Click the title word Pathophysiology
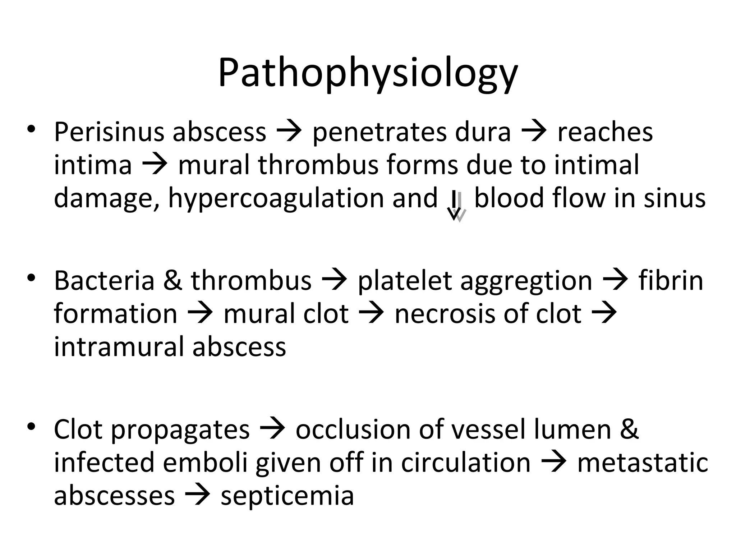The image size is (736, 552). pos(368,74)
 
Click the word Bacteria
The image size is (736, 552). pos(104,281)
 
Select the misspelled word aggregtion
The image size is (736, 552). pos(526,281)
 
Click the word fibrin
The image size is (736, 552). pos(671,281)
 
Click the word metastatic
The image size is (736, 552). pos(642,463)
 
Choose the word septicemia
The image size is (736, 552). pos(287,496)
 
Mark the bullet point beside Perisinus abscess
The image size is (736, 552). pos(32,129)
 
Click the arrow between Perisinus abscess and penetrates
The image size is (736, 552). pos(289,132)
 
